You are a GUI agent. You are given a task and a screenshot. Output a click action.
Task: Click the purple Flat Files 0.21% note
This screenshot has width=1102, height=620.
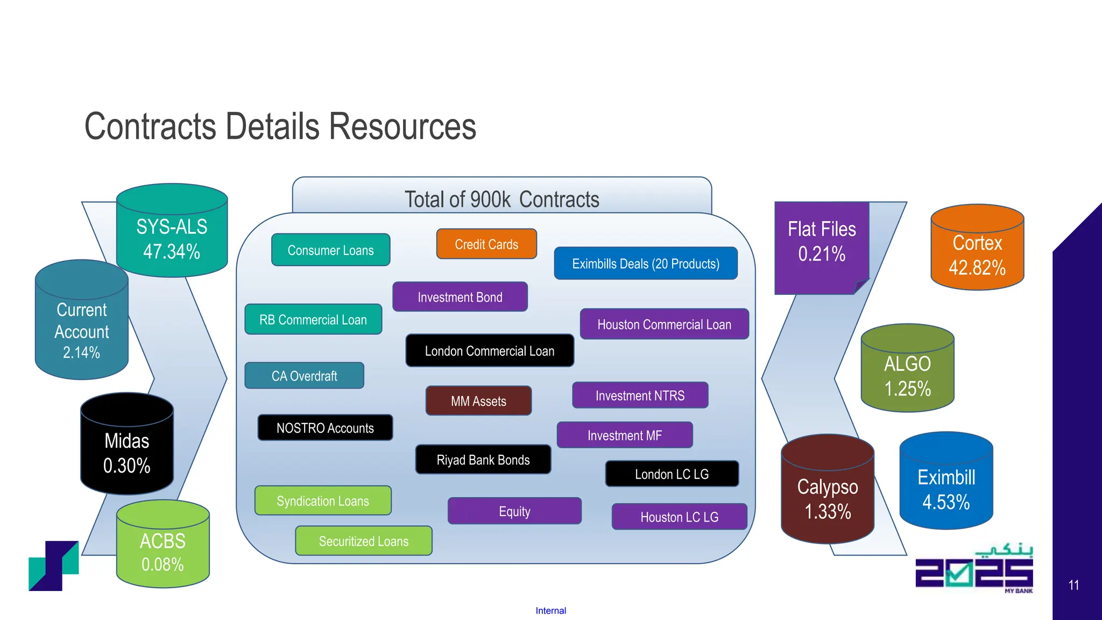pos(822,242)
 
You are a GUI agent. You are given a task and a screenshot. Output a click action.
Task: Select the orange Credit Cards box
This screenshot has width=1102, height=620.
pos(486,244)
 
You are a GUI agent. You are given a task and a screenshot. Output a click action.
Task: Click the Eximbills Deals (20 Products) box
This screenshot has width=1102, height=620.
pos(646,264)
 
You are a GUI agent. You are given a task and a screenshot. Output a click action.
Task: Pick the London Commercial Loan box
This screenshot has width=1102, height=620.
pos(490,351)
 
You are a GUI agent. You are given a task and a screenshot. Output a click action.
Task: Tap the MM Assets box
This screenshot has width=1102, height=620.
pos(478,401)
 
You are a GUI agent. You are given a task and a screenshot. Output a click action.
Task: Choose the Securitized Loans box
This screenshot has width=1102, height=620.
pos(364,541)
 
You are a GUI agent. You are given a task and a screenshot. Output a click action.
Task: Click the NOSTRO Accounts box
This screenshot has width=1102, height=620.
pos(325,428)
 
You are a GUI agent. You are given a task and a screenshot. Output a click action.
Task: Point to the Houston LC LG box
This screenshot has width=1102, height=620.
pos(679,517)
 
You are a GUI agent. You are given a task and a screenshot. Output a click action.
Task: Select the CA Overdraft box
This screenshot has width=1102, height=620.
pos(304,376)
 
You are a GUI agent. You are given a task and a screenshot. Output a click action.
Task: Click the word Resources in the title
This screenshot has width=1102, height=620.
pos(402,127)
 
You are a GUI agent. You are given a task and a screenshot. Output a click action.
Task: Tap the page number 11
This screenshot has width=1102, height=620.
pos(1073,585)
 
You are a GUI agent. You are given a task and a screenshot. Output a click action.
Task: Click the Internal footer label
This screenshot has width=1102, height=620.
pos(550,610)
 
